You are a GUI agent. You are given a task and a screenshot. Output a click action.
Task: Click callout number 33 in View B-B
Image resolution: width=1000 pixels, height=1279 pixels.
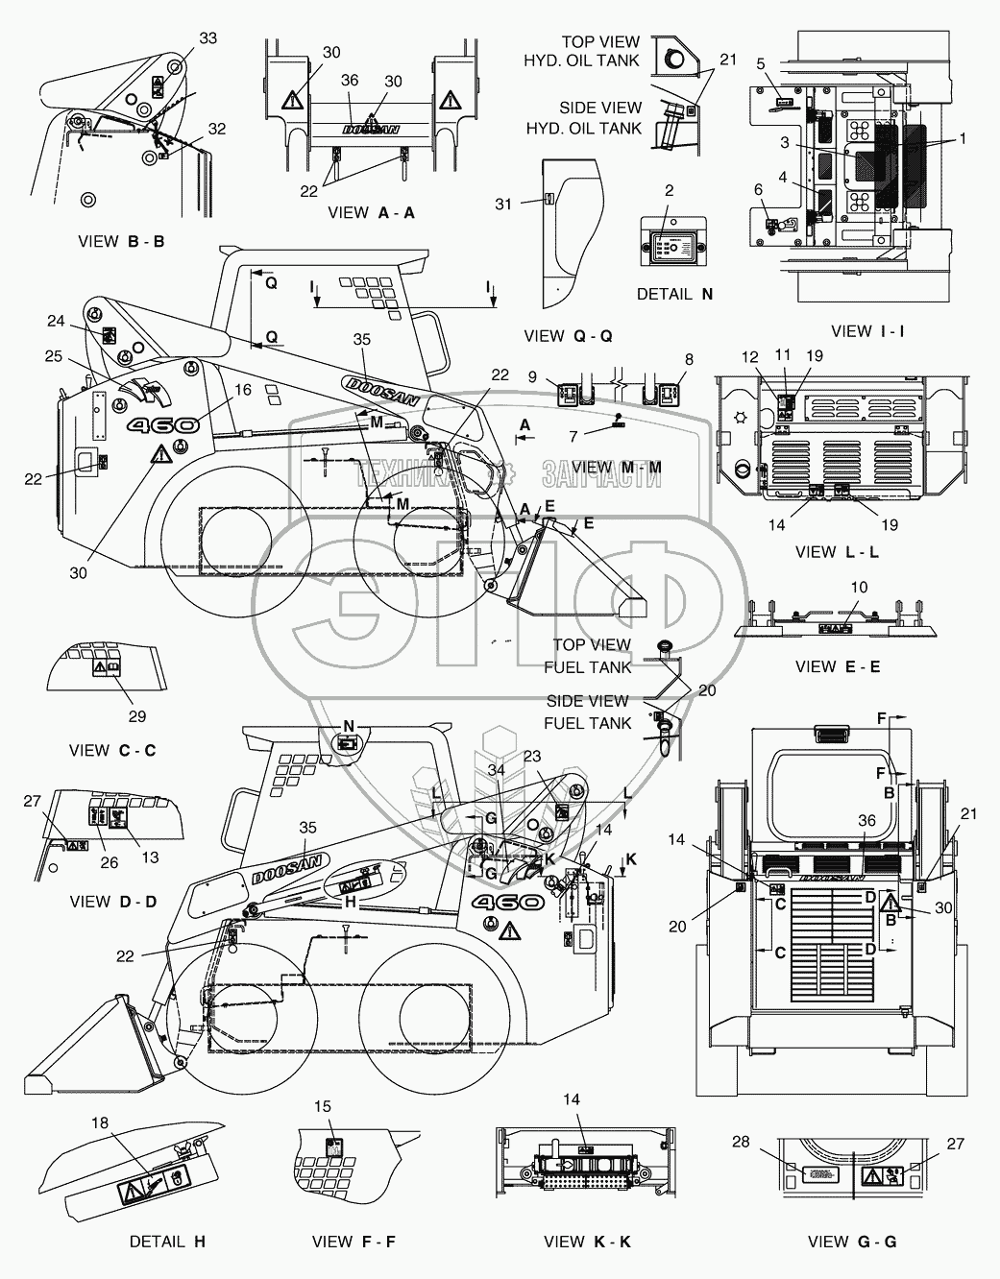coord(208,38)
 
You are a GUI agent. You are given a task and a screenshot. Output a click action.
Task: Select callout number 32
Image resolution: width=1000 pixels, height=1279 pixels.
coord(216,129)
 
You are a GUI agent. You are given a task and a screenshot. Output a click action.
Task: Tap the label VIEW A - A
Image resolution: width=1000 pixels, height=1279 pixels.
coord(371,213)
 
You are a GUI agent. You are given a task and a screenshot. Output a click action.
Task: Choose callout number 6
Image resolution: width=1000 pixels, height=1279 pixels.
coord(759,189)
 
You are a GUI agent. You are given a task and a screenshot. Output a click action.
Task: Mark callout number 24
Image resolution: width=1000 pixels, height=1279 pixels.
coord(56,321)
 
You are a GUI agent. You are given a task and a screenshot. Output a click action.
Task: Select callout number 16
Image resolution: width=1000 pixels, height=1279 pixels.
coord(242,389)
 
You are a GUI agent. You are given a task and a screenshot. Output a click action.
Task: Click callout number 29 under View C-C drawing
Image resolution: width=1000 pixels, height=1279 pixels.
coord(136,716)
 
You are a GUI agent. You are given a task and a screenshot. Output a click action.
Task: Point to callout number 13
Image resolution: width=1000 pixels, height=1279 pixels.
coord(151,857)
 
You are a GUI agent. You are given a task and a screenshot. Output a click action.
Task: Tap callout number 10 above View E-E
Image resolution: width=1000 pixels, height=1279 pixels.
coord(859,587)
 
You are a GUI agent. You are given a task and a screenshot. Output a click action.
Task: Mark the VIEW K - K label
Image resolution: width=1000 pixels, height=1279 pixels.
coord(587,1242)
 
